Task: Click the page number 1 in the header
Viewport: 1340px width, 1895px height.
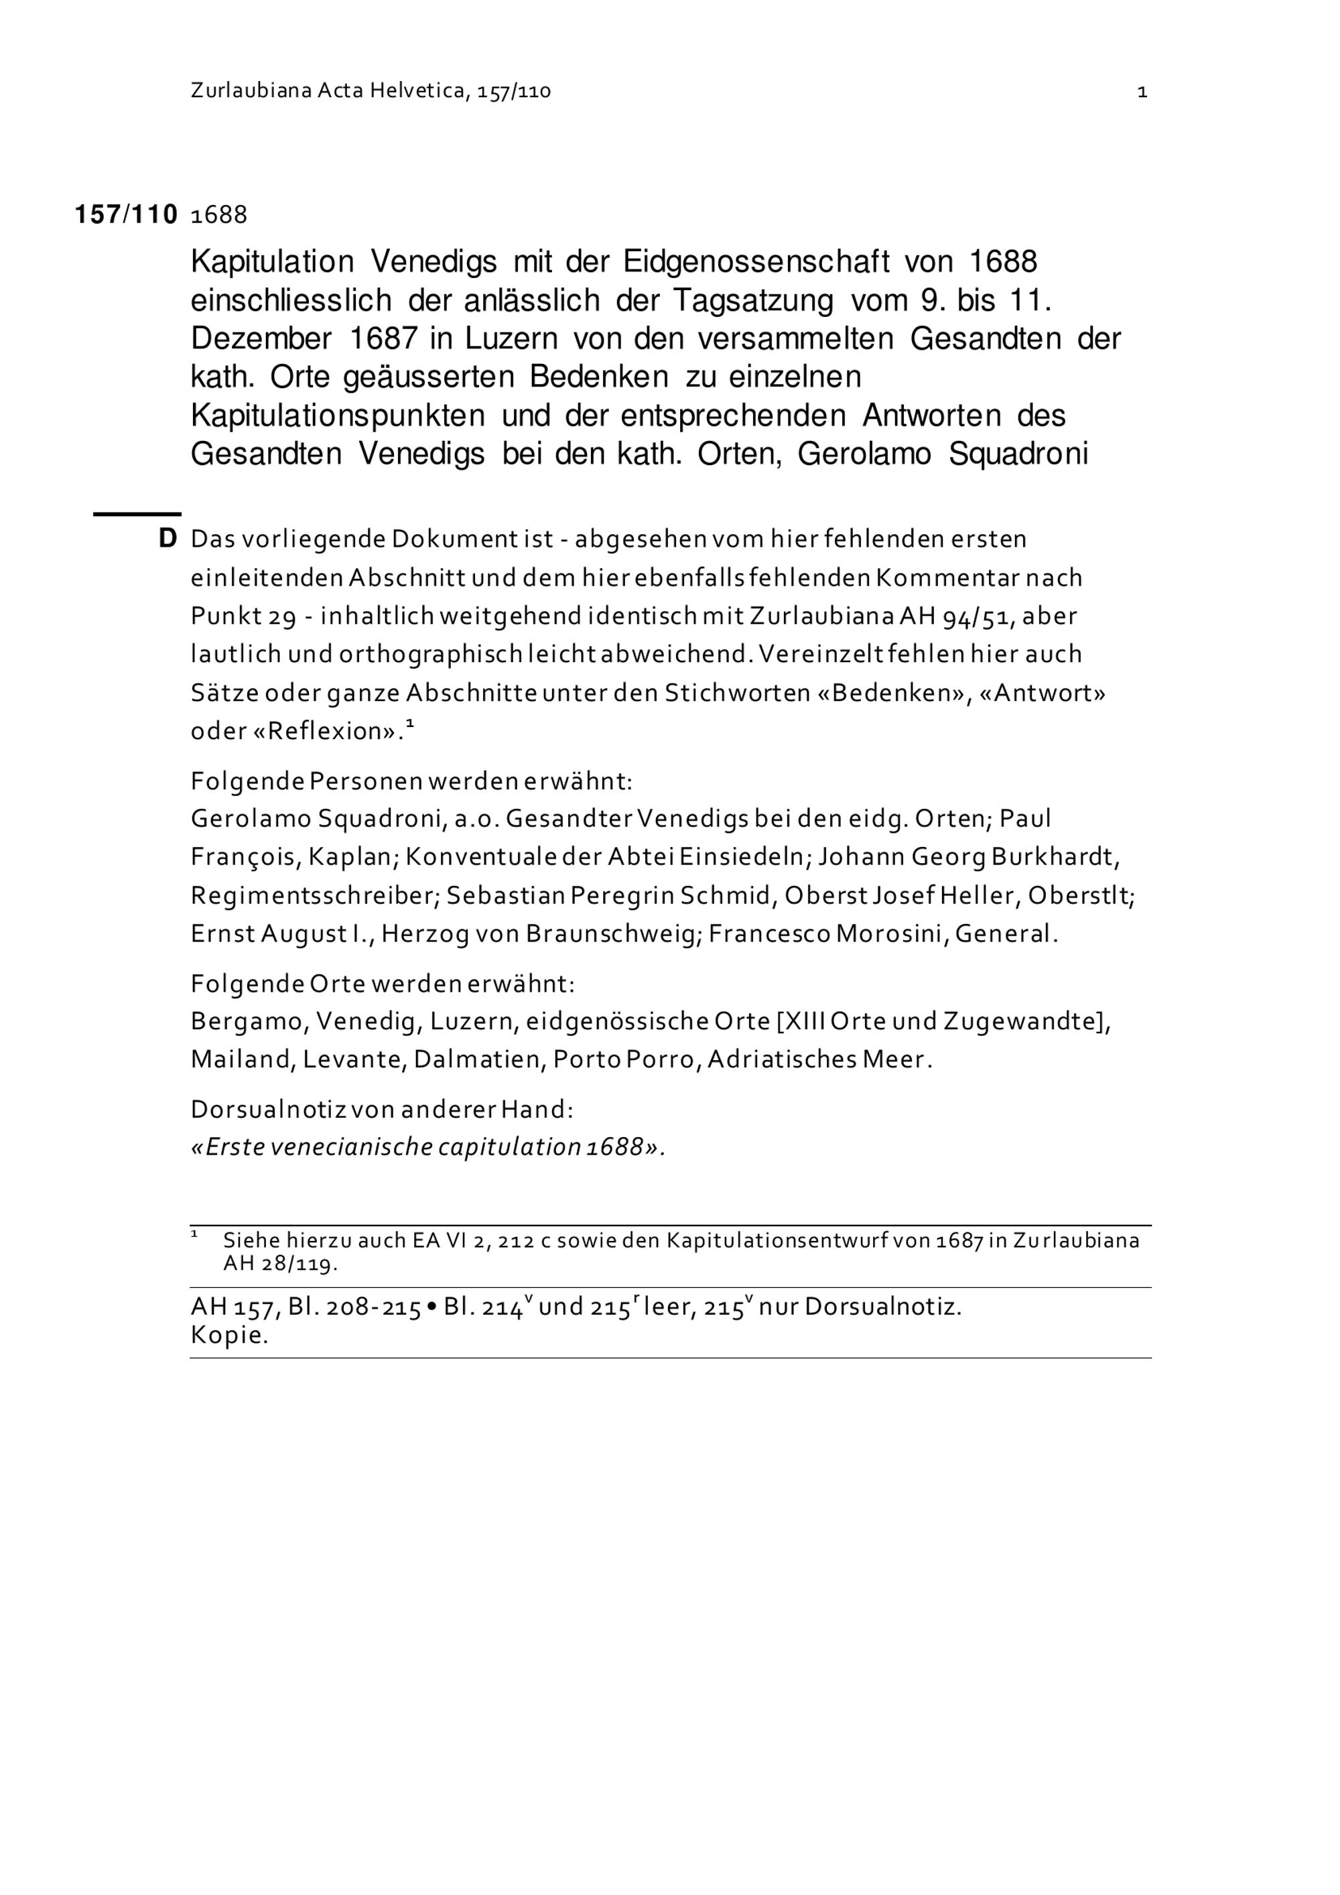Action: click(1142, 92)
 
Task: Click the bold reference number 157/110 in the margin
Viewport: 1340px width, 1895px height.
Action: click(126, 215)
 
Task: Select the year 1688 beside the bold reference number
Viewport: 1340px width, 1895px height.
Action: click(218, 215)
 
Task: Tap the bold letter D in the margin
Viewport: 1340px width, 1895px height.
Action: click(167, 539)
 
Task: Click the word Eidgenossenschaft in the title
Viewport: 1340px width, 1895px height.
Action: click(756, 263)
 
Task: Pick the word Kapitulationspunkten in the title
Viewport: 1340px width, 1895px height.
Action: click(338, 416)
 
